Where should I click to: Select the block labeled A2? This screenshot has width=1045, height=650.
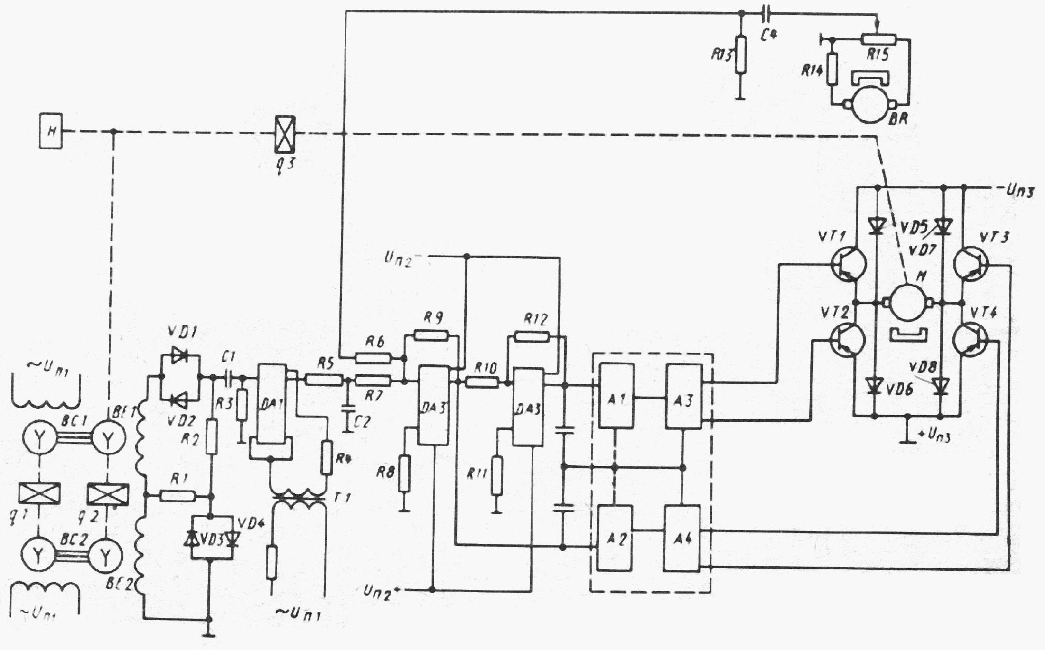pos(615,538)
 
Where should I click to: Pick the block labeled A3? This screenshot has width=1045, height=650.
pos(684,396)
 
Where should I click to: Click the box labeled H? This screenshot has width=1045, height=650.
pos(51,131)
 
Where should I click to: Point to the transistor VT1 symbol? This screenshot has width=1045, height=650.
pos(848,265)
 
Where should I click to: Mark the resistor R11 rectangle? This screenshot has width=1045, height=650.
pos(497,476)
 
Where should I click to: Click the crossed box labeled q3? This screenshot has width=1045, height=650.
pos(284,133)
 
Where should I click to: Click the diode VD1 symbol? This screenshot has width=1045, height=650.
pos(180,356)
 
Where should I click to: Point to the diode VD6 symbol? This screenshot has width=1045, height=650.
pos(875,385)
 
